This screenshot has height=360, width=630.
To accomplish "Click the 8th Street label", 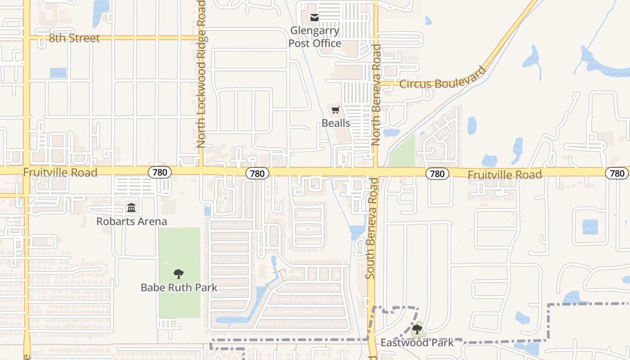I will pos(74,38).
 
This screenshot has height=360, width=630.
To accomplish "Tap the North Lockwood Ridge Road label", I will pos(201,74).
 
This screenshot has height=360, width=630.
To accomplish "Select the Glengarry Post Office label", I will pos(315,37).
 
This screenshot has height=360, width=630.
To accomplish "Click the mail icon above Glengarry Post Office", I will pos(315,18).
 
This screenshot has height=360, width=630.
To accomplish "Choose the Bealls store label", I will pos(336,123).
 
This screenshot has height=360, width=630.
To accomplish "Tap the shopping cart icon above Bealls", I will pos(336,110).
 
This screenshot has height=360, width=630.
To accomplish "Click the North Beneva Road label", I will pos(376,94).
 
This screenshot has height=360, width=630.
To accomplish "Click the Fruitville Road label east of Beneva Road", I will pos(504,174).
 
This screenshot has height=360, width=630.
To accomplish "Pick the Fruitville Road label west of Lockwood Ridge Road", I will pos(60,172).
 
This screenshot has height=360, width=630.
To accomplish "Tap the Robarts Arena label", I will pos(131,221).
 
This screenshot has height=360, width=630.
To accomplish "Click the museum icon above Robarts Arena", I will pos(131,208).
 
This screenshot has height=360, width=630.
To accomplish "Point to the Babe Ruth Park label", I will pos(179,288).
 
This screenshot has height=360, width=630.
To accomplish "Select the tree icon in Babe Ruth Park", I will pos(179,274).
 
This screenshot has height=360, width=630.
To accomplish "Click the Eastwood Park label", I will pos(417,342).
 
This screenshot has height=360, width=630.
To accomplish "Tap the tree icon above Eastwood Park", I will pos(417,329).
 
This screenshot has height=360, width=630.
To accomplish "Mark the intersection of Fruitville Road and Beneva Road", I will pos(376,172).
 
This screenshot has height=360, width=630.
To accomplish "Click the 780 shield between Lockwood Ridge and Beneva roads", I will pos(257,173).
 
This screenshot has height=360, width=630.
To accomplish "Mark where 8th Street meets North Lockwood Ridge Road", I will pos(201,38).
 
